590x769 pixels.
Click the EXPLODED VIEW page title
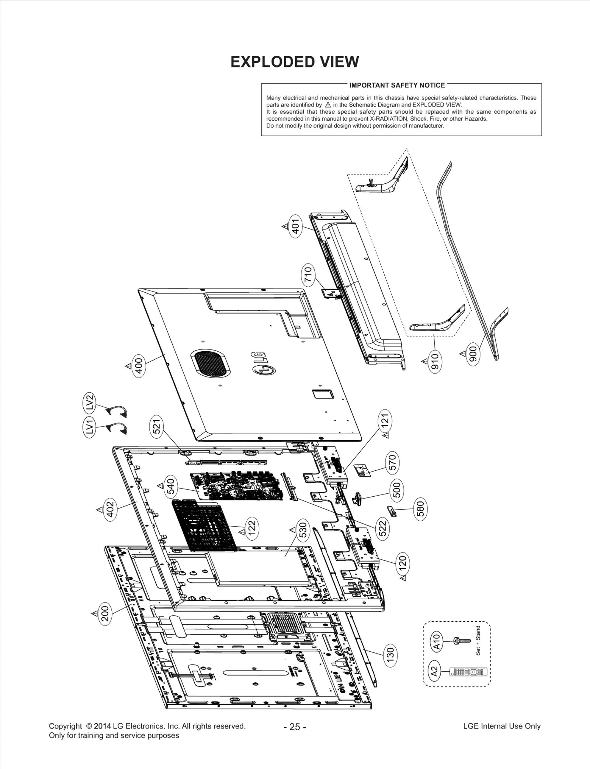click(294, 62)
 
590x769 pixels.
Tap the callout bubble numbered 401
click(295, 226)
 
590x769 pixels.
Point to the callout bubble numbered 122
click(252, 528)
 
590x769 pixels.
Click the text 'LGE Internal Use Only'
click(502, 726)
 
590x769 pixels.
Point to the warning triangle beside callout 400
click(128, 366)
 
